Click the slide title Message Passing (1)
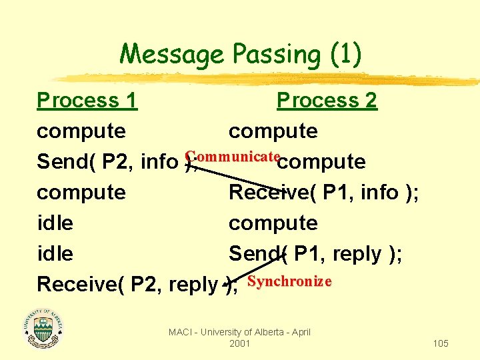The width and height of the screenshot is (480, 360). click(x=240, y=53)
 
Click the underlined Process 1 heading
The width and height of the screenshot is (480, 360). click(x=87, y=101)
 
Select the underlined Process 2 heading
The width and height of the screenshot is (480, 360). click(x=327, y=101)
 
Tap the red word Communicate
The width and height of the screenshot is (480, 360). click(x=232, y=156)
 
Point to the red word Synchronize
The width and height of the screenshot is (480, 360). click(x=289, y=281)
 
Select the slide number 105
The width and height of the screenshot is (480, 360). click(x=440, y=343)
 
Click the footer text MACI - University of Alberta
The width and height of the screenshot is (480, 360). click(x=239, y=332)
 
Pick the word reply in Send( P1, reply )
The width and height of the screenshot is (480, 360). click(x=361, y=253)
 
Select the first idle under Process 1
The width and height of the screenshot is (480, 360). click(x=55, y=223)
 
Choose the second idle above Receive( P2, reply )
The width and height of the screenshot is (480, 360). click(x=55, y=253)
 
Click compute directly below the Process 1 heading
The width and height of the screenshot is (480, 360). click(x=81, y=131)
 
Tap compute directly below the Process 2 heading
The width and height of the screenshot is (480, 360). click(x=273, y=131)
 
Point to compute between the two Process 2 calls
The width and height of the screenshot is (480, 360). click(x=273, y=223)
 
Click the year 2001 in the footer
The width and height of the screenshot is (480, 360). click(x=239, y=343)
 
